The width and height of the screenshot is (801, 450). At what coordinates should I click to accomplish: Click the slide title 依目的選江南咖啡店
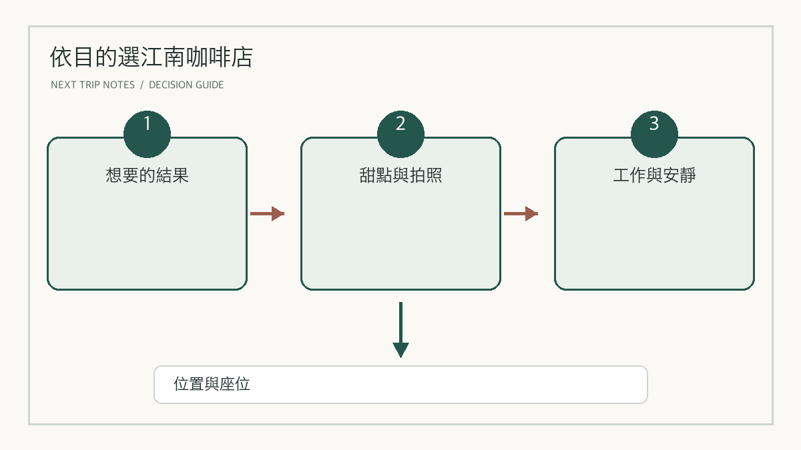point(152,57)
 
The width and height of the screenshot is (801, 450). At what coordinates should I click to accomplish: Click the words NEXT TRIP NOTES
point(93,85)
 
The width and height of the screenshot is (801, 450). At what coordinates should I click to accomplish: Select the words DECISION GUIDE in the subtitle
point(186,85)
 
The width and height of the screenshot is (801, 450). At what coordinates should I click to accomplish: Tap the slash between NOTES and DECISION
point(142,85)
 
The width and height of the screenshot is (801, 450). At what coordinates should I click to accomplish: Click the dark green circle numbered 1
point(147,134)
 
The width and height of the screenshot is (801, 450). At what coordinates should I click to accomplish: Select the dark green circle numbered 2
point(400,134)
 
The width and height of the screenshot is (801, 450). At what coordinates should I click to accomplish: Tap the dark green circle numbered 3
point(654,134)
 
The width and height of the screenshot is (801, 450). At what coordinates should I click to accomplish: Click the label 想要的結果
point(147,175)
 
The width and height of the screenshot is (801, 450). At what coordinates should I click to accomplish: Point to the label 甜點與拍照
point(400,175)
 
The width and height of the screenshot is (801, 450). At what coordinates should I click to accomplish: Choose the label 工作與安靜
point(654,175)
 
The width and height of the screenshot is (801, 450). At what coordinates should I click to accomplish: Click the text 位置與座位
point(212,384)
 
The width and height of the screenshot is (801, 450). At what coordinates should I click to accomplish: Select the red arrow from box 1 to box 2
point(268,213)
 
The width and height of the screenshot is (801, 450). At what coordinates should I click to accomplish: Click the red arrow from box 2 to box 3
point(521,213)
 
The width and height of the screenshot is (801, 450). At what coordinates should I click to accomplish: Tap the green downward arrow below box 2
point(400,330)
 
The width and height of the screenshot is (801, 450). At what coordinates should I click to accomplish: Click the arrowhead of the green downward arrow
point(400,349)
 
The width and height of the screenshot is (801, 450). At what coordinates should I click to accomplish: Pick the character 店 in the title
point(242,57)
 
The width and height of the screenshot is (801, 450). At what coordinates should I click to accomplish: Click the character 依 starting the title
point(61,57)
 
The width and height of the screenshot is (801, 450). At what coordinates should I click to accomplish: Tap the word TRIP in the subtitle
point(89,85)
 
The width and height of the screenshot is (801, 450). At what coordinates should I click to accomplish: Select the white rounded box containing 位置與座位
point(400,385)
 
